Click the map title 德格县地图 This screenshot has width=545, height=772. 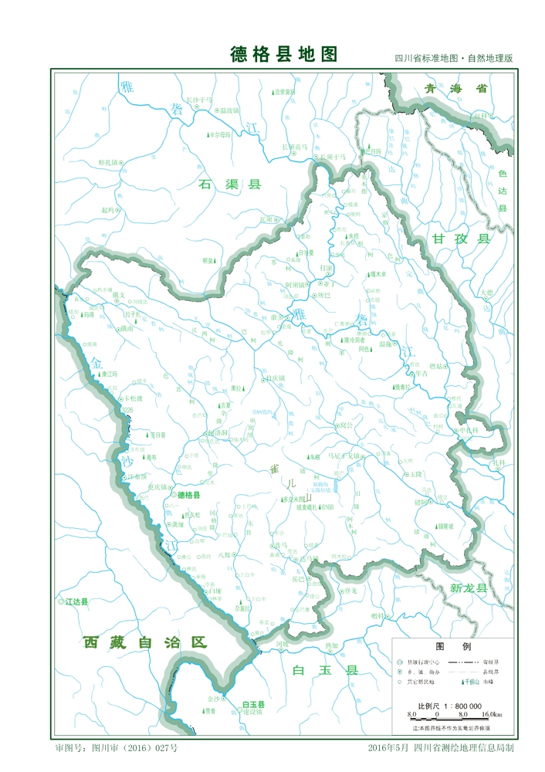tap(284, 54)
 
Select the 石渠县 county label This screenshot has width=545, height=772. tap(230, 185)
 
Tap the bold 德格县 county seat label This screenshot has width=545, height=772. tap(188, 495)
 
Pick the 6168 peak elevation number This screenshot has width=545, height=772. tap(326, 507)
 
